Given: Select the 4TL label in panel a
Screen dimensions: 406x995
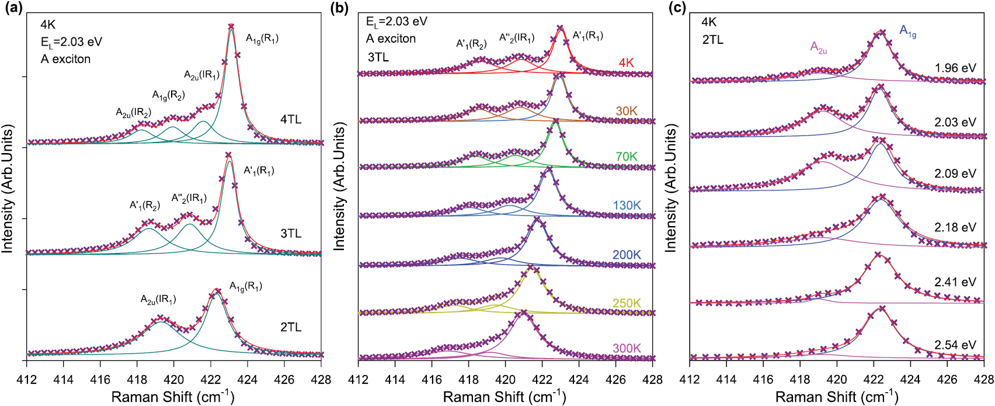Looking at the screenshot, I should (291, 120).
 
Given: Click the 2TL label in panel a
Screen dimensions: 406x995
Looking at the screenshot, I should (291, 327).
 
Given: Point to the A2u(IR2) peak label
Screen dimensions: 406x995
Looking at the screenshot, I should (133, 113).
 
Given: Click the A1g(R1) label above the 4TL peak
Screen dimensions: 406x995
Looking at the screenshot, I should (262, 39).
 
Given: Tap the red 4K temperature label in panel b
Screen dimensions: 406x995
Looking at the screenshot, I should (626, 63).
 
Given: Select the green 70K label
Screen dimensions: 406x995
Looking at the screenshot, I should (626, 157).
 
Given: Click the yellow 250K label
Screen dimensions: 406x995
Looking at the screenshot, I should (626, 303).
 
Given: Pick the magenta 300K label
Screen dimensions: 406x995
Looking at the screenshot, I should (626, 348).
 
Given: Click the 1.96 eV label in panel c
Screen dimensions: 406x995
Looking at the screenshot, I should (955, 68).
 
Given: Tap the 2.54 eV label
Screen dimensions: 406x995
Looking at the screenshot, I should (955, 345).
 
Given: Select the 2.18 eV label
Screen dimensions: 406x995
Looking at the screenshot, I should (955, 227).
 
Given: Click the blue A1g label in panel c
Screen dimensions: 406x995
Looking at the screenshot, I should (907, 31).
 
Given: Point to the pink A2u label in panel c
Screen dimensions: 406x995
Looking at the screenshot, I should (818, 47).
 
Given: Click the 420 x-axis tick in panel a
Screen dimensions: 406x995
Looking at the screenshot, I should (173, 380).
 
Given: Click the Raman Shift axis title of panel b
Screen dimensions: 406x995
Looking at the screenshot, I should (505, 397).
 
